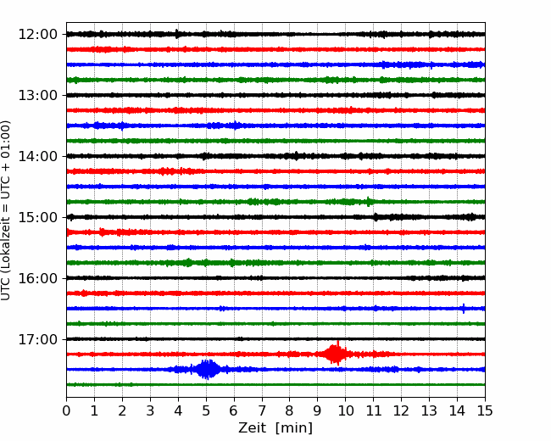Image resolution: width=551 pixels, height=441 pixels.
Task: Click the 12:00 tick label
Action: (x=37, y=35)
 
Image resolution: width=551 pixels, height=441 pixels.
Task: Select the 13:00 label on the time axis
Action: (x=37, y=95)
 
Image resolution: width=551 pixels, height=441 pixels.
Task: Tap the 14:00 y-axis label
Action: (x=37, y=156)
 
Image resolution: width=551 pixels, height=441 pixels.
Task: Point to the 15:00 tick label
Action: (x=37, y=217)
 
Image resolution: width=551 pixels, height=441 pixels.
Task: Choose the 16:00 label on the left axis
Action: (x=37, y=278)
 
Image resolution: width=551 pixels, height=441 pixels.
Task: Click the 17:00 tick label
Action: (x=37, y=339)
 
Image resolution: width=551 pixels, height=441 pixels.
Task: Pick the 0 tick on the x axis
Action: (x=66, y=410)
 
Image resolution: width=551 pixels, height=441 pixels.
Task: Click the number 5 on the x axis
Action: (x=206, y=410)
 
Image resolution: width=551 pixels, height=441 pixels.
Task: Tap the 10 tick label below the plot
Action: (x=345, y=410)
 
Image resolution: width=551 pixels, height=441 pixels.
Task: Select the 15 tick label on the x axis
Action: (x=485, y=410)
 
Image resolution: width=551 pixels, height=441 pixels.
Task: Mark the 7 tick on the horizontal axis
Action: (x=262, y=410)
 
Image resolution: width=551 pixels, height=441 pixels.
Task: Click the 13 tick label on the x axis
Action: (x=429, y=410)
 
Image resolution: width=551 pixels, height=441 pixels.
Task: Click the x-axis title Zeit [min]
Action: (x=275, y=428)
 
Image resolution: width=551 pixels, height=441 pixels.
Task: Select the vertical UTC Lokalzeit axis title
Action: (x=6, y=210)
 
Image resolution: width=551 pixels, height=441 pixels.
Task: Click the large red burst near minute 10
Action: (x=337, y=354)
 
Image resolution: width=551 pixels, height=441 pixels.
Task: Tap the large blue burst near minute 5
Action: (x=208, y=369)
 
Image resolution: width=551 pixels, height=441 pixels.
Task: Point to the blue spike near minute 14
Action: (x=464, y=309)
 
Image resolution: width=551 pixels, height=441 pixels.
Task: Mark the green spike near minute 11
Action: (x=368, y=202)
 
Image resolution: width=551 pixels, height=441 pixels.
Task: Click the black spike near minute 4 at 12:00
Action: (x=177, y=34)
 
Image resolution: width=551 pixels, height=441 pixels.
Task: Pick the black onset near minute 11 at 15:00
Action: (x=376, y=216)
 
